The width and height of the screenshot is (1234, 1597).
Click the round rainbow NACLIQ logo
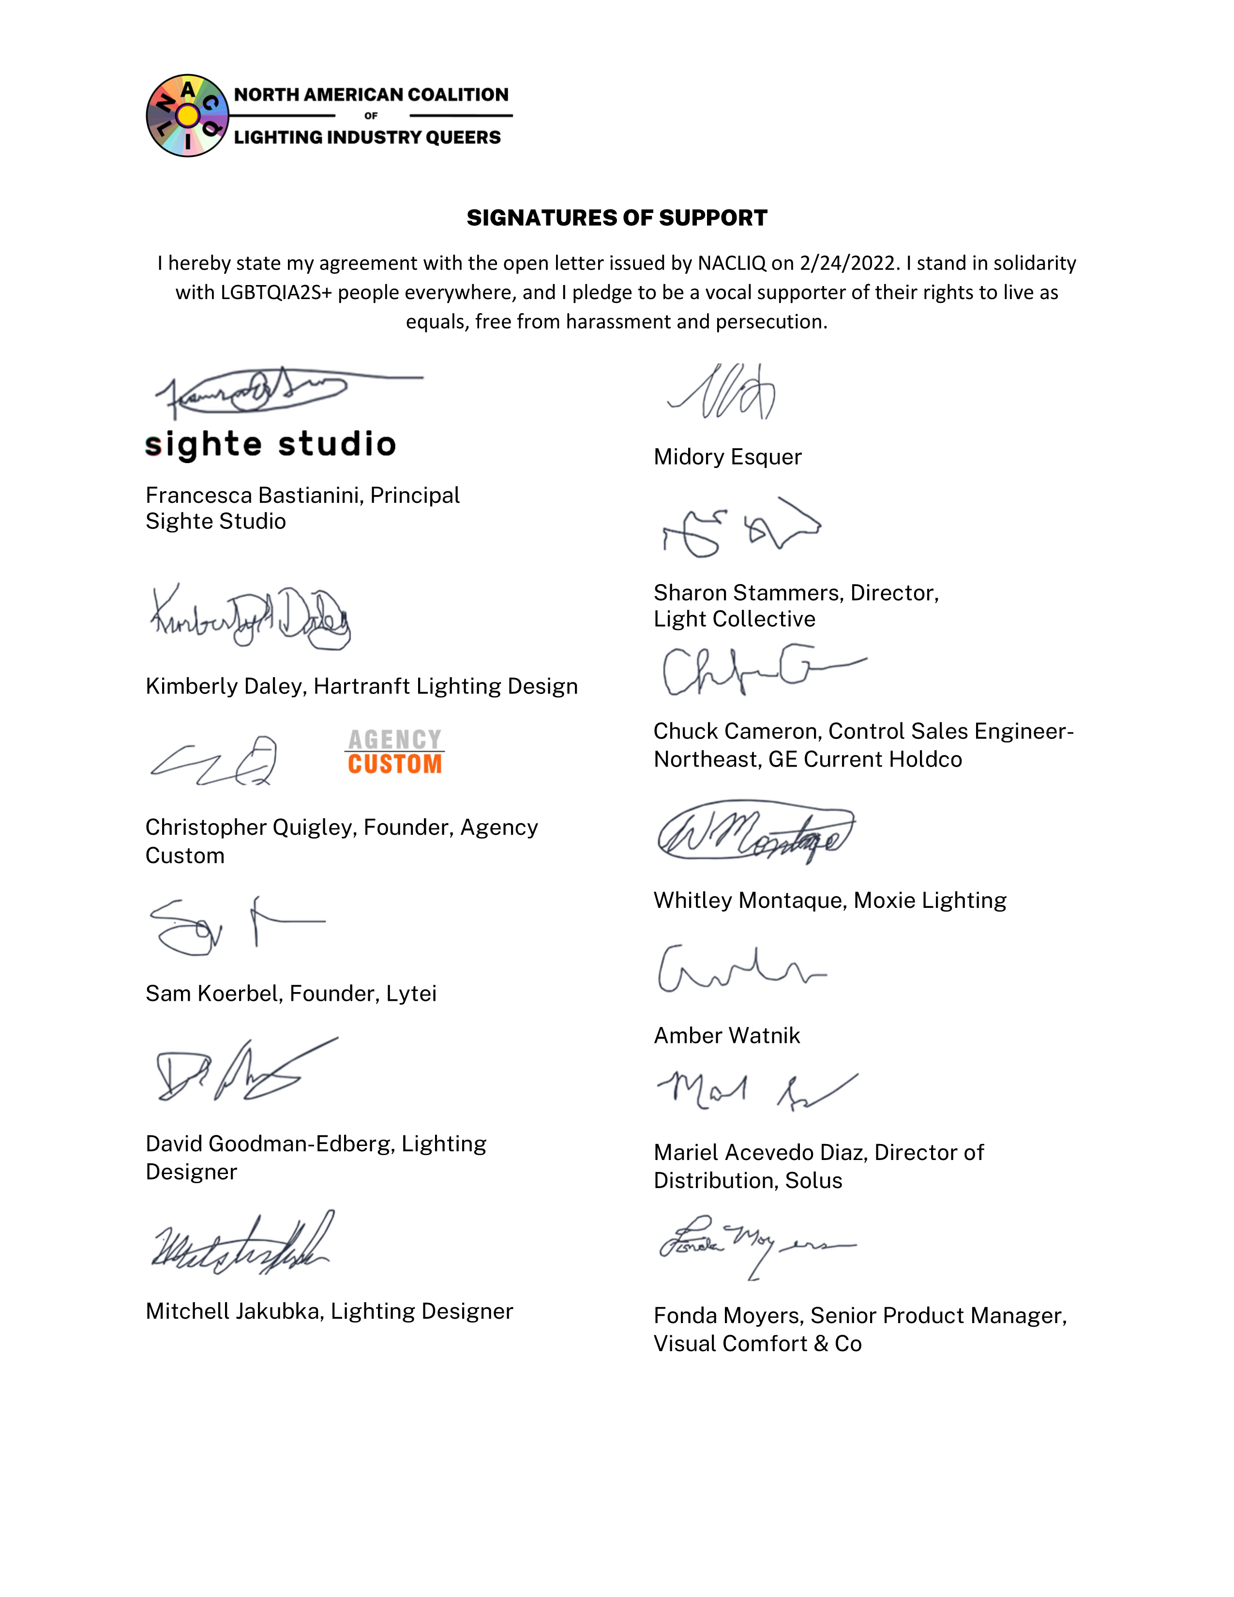187,116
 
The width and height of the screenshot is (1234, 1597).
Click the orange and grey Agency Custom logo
395,752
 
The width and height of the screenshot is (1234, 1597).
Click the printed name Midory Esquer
727,457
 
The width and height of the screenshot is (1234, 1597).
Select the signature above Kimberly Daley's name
250,618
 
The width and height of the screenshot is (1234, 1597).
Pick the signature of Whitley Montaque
755,834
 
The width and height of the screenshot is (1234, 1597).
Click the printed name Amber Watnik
727,1036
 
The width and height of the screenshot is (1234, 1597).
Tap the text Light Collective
734,619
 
